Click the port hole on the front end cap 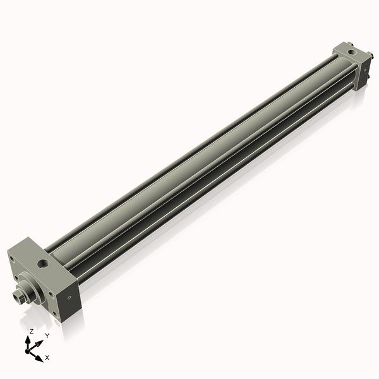click(43, 261)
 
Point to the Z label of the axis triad click(32, 330)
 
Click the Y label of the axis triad click(47, 335)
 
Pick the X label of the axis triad click(47, 358)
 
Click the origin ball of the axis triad click(28, 351)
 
